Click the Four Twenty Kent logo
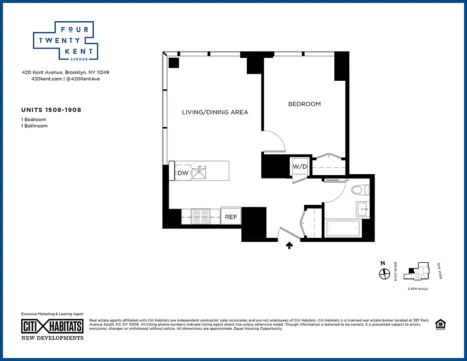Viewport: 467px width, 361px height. [x=63, y=41]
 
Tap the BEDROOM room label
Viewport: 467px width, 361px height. [x=304, y=104]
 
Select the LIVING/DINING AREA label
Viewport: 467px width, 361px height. [x=215, y=112]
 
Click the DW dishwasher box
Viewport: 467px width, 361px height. [x=183, y=173]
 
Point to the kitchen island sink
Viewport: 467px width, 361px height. [x=199, y=172]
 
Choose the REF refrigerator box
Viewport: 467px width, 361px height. [x=231, y=217]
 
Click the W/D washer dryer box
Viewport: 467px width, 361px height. [x=300, y=167]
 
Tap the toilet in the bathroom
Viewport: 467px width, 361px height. [x=360, y=190]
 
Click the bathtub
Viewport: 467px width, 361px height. [x=343, y=228]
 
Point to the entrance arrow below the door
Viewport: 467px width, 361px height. [x=289, y=245]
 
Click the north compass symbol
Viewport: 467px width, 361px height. [x=384, y=273]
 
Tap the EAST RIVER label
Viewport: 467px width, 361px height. [x=396, y=271]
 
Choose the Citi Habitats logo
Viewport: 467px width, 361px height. [x=52, y=326]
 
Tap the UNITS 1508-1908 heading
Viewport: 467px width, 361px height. [x=51, y=110]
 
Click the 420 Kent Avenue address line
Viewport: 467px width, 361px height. [x=65, y=72]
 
